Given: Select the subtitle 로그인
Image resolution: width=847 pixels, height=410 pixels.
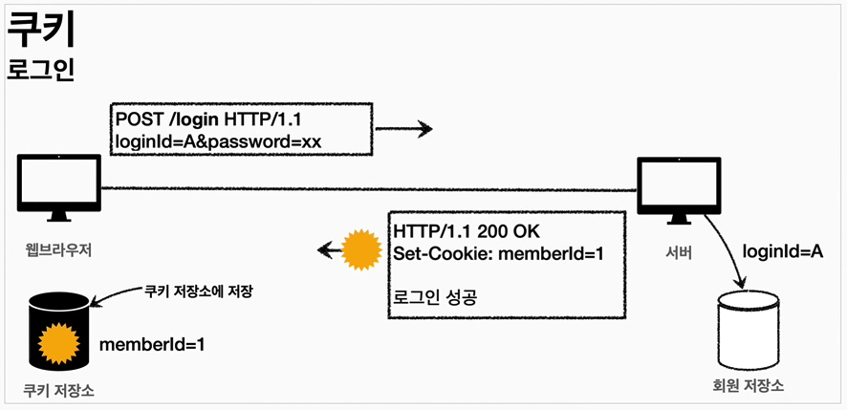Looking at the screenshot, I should click(x=40, y=72).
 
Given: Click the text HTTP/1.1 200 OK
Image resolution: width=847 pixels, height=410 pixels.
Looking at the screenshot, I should click(x=465, y=232).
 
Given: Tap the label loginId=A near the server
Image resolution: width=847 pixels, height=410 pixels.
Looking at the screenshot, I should click(x=783, y=252).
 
